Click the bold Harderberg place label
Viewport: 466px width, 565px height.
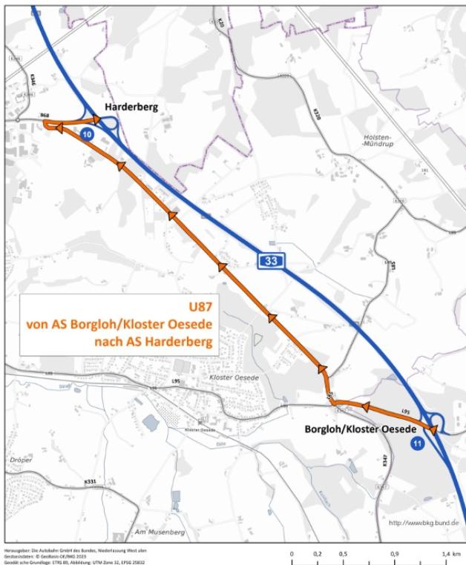[131, 107]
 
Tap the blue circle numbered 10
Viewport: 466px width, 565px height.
[87, 134]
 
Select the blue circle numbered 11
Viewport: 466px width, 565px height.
[417, 443]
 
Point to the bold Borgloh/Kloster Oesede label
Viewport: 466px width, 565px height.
[358, 429]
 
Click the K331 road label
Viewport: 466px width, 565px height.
[91, 482]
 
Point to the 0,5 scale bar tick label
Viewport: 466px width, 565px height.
[344, 553]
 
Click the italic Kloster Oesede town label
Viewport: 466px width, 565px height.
[234, 378]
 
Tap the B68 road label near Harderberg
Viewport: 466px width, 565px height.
[45, 116]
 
